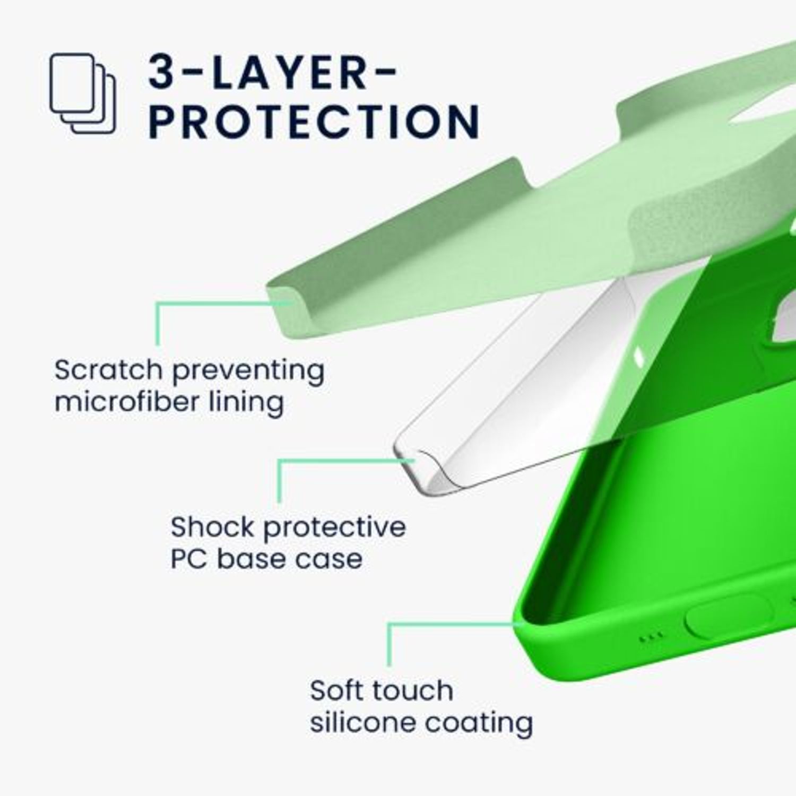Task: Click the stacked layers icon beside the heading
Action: click(x=83, y=93)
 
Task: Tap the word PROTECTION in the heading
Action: click(x=314, y=122)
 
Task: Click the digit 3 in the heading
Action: click(x=162, y=72)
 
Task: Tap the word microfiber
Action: click(x=126, y=401)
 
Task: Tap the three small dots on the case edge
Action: click(x=651, y=636)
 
